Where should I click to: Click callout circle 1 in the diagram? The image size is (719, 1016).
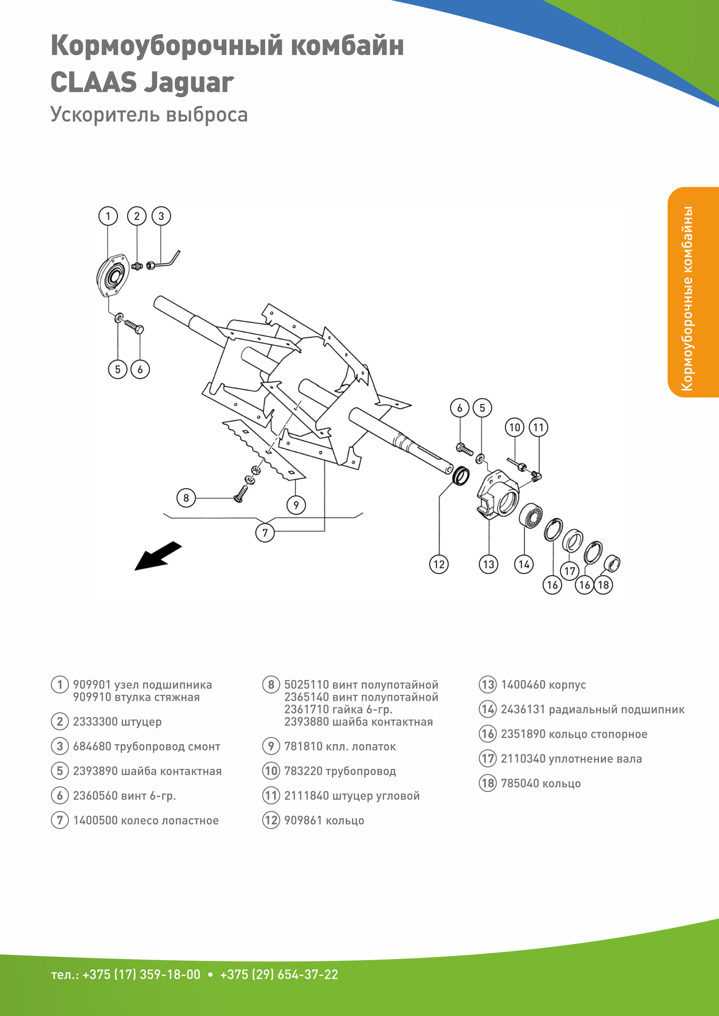pyautogui.click(x=108, y=216)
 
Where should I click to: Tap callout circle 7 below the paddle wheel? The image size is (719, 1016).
pyautogui.click(x=265, y=532)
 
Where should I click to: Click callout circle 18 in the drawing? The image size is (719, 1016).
pyautogui.click(x=603, y=585)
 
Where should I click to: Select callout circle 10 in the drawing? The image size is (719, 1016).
pyautogui.click(x=514, y=428)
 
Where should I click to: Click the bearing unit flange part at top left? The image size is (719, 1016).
pyautogui.click(x=113, y=277)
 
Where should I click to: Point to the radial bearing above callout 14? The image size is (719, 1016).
pyautogui.click(x=530, y=515)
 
